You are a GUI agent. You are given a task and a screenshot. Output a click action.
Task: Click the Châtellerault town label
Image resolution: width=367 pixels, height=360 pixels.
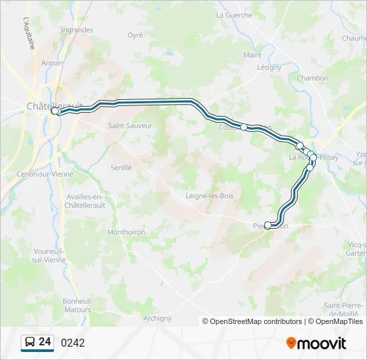54,106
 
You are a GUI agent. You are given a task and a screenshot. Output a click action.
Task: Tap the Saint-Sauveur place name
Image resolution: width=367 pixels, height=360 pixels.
130,125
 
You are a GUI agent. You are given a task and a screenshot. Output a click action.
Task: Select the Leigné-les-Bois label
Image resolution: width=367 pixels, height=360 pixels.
210,195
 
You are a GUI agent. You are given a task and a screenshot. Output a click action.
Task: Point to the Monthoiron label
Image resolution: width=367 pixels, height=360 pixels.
126,232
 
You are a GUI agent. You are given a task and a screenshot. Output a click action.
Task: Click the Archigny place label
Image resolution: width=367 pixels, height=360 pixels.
157,318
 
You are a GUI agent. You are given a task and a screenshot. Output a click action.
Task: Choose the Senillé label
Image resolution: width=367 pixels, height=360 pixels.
121,168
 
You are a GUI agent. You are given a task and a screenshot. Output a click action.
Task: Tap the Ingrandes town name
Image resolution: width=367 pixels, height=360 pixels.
77,30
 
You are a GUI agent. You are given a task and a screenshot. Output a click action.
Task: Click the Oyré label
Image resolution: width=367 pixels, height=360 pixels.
135,35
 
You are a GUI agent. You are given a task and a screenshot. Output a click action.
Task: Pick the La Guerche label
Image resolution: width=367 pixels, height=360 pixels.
234,15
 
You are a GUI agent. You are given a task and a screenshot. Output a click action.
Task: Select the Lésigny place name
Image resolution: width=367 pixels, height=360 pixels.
270,67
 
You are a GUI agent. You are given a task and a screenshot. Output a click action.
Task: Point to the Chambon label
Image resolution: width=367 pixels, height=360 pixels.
312,78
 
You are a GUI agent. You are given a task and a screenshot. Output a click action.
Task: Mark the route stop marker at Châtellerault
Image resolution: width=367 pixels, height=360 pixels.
55,111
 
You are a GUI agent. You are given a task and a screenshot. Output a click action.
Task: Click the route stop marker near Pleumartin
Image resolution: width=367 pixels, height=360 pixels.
268,225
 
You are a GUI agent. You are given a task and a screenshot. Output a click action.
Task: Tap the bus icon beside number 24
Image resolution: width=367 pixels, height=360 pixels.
29,343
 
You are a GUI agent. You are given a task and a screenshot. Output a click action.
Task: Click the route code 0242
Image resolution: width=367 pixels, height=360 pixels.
73,343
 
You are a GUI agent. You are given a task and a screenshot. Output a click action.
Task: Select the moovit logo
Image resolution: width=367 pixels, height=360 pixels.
316,343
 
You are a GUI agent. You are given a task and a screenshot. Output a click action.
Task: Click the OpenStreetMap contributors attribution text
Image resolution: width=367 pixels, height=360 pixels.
256,321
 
